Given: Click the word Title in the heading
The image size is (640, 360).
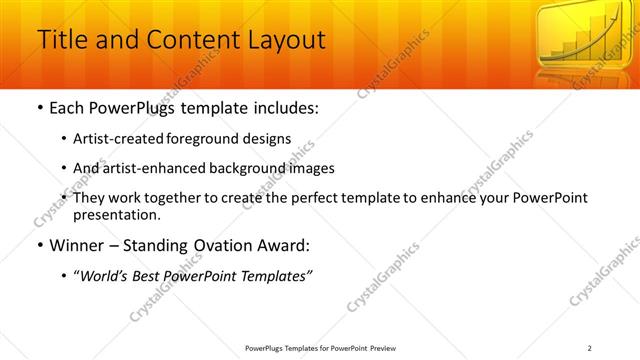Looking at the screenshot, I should pyautogui.click(x=60, y=40).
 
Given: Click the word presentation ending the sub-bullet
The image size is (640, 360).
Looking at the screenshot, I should pyautogui.click(x=116, y=214).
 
